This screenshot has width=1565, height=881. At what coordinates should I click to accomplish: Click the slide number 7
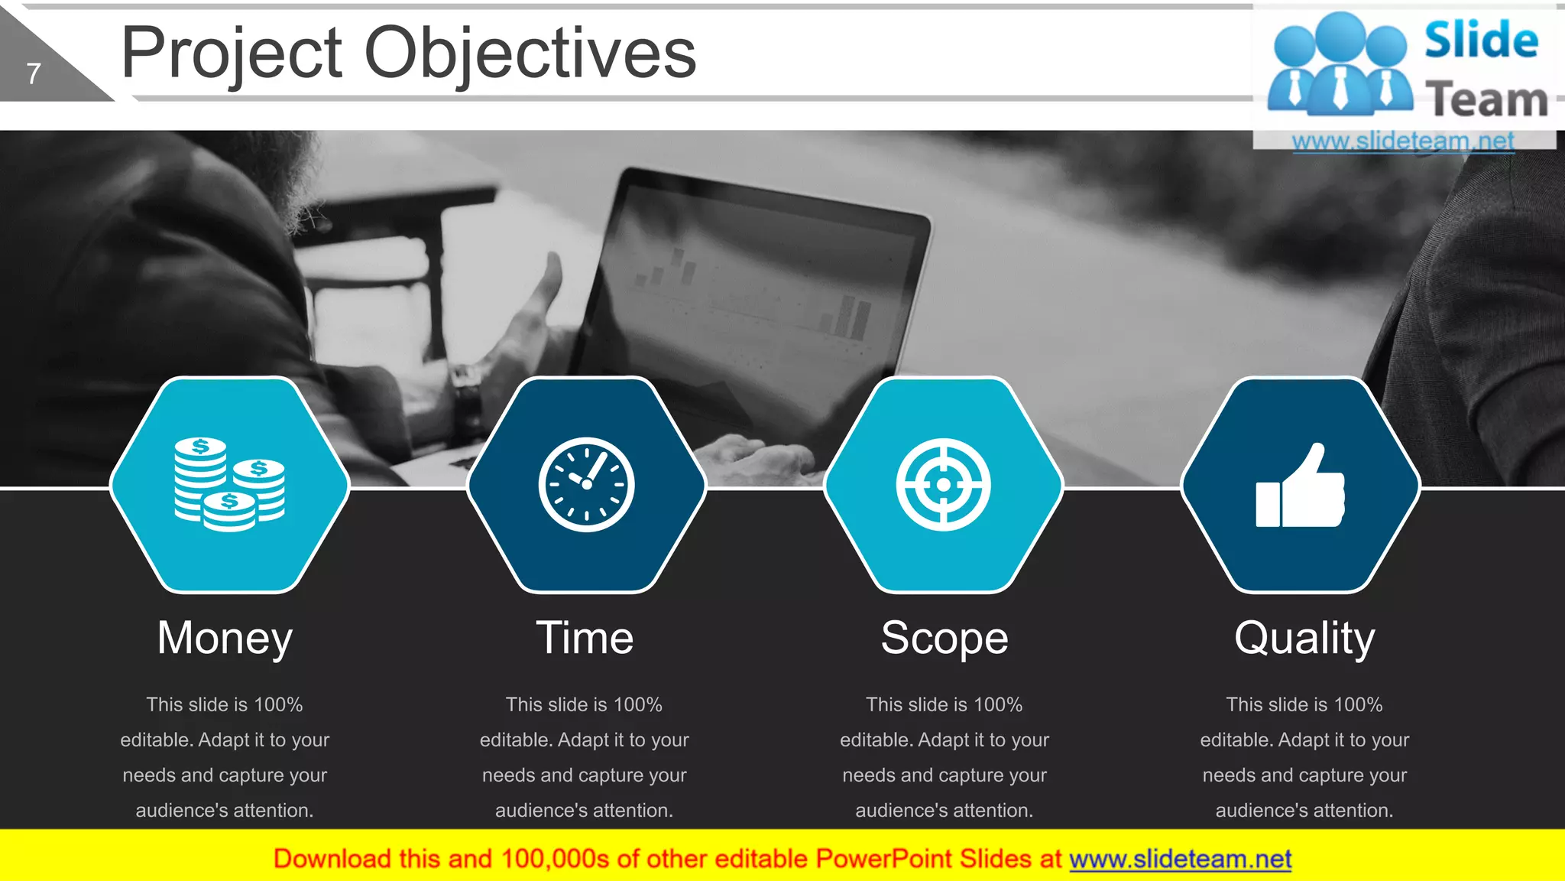coord(33,74)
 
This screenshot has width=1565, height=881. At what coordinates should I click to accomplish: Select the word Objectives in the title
coord(530,54)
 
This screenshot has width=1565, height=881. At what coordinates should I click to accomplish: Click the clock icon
coord(586,484)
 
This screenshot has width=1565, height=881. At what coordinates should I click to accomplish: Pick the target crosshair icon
coord(943,484)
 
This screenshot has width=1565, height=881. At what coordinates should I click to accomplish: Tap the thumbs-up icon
coord(1300,486)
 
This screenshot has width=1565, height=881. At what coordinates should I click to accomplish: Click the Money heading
coord(225,638)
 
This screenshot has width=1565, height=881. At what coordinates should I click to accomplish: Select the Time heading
coord(585,638)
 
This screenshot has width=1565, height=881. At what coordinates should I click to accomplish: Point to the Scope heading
coord(945,638)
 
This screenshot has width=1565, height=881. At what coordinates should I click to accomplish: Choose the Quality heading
coord(1304,638)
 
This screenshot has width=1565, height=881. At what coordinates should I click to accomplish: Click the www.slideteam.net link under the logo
coord(1403,141)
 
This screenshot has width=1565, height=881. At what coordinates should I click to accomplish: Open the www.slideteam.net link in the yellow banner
coord(1180,859)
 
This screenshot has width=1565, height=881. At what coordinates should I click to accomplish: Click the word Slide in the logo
coord(1481,40)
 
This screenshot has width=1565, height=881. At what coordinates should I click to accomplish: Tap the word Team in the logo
coord(1486,99)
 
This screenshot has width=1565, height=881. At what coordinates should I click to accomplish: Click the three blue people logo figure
coord(1340,65)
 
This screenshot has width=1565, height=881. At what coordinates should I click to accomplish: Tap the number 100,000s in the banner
coord(555,859)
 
